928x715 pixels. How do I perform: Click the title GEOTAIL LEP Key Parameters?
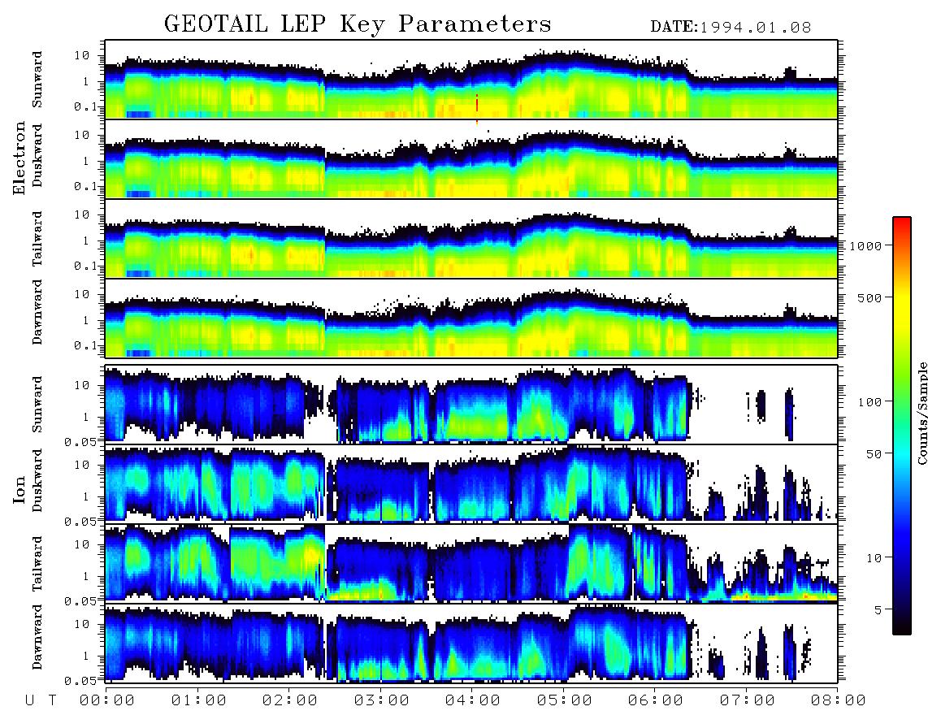(358, 24)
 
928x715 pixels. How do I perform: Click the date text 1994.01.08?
(756, 28)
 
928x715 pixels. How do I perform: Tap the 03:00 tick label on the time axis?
(381, 700)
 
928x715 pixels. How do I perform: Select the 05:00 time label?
(564, 700)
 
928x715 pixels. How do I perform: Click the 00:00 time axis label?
(107, 700)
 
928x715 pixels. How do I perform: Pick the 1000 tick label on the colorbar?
(865, 245)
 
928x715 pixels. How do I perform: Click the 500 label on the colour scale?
(869, 297)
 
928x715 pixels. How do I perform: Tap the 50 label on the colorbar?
(874, 454)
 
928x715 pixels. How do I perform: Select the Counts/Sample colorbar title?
(921, 413)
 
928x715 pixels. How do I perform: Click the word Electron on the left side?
(20, 158)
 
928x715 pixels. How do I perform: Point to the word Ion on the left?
(20, 490)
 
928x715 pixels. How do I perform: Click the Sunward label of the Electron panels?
(37, 80)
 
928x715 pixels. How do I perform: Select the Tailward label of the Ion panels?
(37, 564)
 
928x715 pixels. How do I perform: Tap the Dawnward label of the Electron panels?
(37, 312)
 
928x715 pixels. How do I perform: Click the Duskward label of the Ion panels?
(37, 480)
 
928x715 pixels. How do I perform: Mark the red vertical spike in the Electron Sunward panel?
(477, 108)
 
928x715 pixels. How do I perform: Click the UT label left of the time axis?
(41, 700)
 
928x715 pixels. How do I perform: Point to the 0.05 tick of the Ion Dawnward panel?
(85, 681)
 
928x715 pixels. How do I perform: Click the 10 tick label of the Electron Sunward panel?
(82, 55)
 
